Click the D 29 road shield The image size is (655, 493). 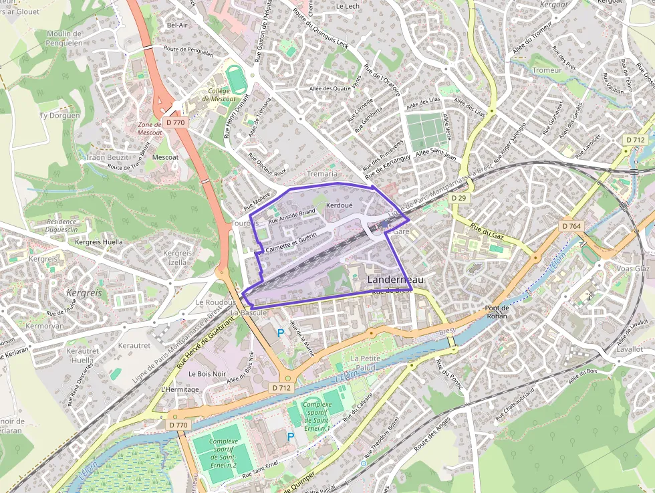[x=458, y=199]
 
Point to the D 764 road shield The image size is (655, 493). [x=571, y=226]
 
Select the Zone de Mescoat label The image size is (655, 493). [x=150, y=128]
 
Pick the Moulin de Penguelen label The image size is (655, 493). [x=63, y=38]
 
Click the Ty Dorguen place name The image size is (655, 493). [x=59, y=115]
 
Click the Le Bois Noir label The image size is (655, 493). [x=207, y=373]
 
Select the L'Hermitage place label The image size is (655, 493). [x=180, y=389]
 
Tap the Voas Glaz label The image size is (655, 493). [x=633, y=268]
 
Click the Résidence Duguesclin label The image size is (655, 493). [x=62, y=225]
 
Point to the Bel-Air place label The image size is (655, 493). [x=176, y=25]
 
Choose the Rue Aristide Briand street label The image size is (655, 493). [x=291, y=216]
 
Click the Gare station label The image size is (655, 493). [x=401, y=231]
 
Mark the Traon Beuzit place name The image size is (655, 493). [x=107, y=157]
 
